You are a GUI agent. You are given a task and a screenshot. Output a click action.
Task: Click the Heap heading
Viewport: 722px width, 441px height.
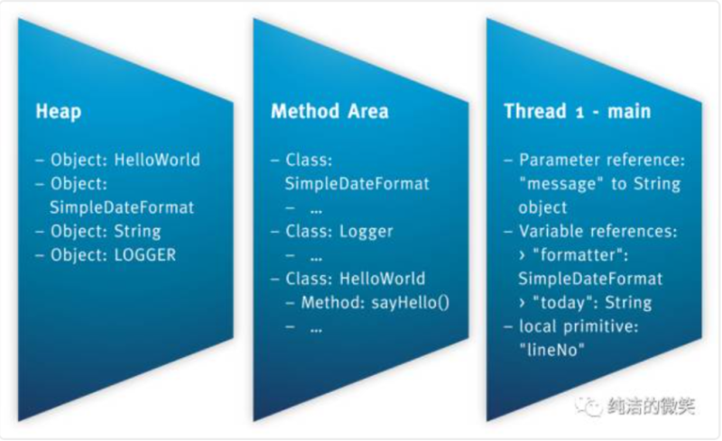(x=59, y=112)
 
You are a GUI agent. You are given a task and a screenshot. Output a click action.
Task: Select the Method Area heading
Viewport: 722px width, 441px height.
(x=329, y=112)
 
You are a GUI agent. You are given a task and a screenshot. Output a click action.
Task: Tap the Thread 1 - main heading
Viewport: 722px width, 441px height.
(x=578, y=112)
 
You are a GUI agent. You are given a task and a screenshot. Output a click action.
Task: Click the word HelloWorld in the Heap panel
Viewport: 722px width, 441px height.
(x=157, y=160)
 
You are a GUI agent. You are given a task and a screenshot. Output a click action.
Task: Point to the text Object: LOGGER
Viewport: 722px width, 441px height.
(x=114, y=255)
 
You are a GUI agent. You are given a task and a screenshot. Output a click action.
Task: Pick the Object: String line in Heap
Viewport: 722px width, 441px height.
(x=106, y=231)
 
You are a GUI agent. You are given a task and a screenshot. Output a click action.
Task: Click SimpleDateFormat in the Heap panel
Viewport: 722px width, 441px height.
(x=122, y=207)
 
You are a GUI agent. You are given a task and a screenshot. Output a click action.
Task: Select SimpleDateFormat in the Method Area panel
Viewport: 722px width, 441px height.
(x=356, y=184)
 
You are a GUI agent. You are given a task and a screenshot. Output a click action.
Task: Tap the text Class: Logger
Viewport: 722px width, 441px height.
(x=339, y=231)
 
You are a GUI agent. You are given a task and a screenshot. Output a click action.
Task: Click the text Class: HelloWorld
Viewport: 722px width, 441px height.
(x=356, y=279)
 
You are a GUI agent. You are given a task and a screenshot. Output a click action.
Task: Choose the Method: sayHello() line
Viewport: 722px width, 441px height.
(x=375, y=302)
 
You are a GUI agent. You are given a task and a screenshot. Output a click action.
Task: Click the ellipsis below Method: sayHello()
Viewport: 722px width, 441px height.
(x=317, y=329)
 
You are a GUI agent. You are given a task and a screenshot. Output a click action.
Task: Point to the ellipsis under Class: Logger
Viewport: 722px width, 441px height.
(x=317, y=258)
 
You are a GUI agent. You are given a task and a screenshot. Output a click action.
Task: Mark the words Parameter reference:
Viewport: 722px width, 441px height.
(x=602, y=160)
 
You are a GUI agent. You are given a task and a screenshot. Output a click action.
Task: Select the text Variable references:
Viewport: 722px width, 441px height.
(x=598, y=231)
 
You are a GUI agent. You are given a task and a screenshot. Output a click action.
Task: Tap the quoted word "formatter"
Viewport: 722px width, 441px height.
(x=580, y=255)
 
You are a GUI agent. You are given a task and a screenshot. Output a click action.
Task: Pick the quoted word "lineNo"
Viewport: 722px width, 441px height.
(x=551, y=350)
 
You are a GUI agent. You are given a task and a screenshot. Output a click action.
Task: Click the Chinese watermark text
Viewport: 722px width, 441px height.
(x=651, y=406)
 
